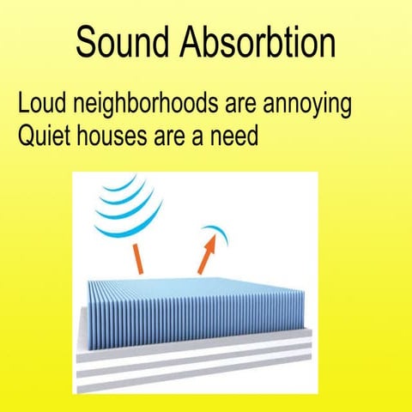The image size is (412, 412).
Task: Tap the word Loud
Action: click(x=44, y=106)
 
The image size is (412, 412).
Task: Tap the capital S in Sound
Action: click(x=85, y=40)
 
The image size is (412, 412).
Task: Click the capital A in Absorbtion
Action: click(x=195, y=40)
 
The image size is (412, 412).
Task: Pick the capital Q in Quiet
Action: click(x=27, y=135)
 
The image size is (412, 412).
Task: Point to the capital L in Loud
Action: click(x=23, y=106)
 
